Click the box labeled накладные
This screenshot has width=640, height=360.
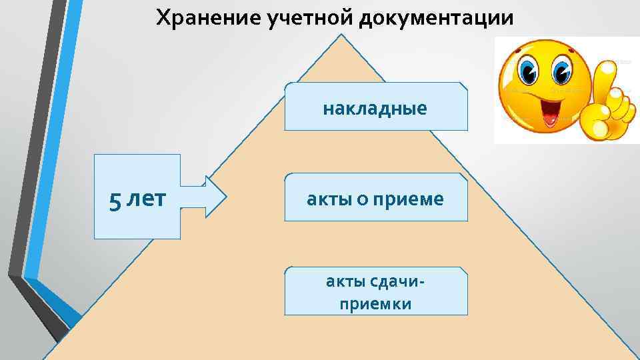[375, 107]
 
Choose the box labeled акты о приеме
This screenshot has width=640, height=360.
[375, 198]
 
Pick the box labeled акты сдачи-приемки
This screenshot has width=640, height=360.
[375, 291]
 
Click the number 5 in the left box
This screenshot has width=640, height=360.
[116, 199]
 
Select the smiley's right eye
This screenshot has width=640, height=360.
[561, 69]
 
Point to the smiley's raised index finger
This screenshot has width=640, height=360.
[607, 77]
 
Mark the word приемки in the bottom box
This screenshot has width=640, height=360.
[375, 304]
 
